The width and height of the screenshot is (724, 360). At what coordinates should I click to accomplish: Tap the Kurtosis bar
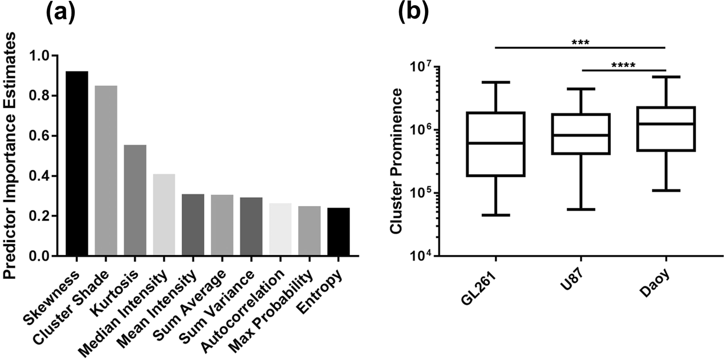click(135, 200)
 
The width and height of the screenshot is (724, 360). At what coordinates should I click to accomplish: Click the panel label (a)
click(60, 13)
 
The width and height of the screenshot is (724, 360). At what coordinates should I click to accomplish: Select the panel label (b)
click(413, 13)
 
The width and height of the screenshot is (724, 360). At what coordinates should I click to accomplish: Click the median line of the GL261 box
click(496, 143)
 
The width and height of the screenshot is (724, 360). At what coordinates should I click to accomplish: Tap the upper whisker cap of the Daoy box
click(665, 77)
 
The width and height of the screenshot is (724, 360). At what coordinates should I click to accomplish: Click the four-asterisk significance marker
click(623, 66)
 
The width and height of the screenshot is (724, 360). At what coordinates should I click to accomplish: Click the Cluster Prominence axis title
click(396, 161)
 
